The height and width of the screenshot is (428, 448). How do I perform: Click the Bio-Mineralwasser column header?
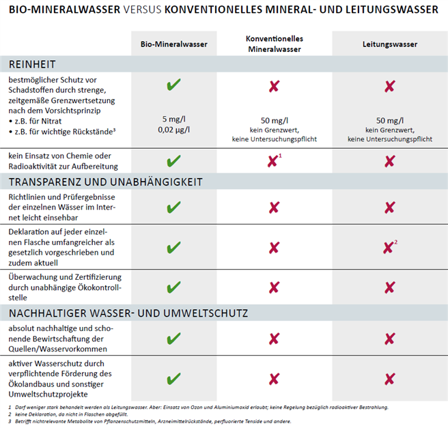(173, 44)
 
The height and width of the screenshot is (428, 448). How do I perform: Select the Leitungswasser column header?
(389, 44)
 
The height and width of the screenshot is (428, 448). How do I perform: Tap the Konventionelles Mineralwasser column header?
(274, 44)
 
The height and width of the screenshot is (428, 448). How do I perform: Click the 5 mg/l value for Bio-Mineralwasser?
(173, 118)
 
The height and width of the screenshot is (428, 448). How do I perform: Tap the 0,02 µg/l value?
(173, 129)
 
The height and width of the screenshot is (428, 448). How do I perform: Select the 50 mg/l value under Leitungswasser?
(389, 119)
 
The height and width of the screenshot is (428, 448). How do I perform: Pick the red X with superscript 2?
(389, 248)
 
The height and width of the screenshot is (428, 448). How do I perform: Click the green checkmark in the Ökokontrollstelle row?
(173, 287)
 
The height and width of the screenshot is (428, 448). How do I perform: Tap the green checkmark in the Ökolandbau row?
(173, 378)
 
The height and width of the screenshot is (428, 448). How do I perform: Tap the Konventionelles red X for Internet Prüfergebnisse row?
(274, 208)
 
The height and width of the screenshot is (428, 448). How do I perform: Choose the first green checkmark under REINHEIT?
(173, 86)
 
